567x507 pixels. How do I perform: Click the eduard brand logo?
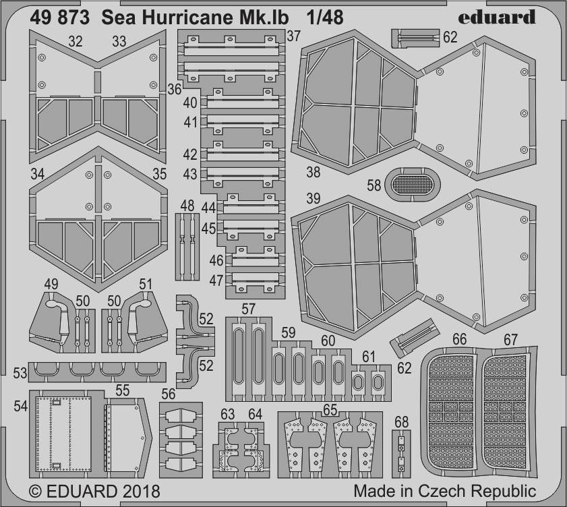pyautogui.click(x=496, y=17)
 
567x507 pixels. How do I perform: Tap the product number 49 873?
pyautogui.click(x=59, y=18)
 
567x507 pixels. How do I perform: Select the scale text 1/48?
pyautogui.click(x=325, y=18)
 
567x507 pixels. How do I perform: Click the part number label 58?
pyautogui.click(x=374, y=185)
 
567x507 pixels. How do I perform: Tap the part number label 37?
pyautogui.click(x=293, y=36)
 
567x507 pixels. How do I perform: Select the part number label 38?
pyautogui.click(x=313, y=172)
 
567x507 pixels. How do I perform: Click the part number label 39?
pyautogui.click(x=313, y=198)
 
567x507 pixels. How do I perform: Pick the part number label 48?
pyautogui.click(x=187, y=206)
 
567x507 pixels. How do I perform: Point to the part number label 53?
pyautogui.click(x=20, y=373)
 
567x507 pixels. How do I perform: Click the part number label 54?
pyautogui.click(x=21, y=406)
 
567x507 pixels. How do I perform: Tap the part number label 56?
pyautogui.click(x=168, y=394)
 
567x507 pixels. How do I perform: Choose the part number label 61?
pyautogui.click(x=369, y=357)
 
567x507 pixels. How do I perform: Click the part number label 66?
pyautogui.click(x=459, y=339)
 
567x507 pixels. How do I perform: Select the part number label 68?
pyautogui.click(x=401, y=422)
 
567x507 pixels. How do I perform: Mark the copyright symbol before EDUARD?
pyautogui.click(x=35, y=491)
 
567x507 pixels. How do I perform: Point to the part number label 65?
pyautogui.click(x=330, y=410)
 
